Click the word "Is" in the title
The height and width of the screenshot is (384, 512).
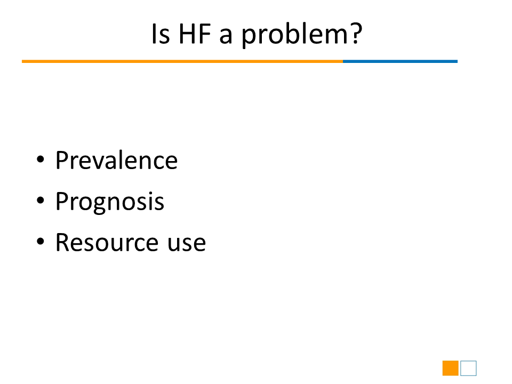pos(161,34)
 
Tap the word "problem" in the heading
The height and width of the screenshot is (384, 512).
pos(295,35)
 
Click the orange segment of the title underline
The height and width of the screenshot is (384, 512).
pos(182,61)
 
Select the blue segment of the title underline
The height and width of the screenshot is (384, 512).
pos(400,61)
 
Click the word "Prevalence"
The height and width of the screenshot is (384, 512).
pos(117,160)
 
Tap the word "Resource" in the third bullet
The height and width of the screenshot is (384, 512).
pos(107,242)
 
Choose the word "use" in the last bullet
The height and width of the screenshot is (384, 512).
pos(187,244)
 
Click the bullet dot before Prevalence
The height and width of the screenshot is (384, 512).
pos(41,159)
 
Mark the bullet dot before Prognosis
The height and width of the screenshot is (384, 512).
pos(41,200)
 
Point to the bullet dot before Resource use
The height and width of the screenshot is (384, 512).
pos(41,241)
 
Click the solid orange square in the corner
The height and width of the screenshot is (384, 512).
pos(451,369)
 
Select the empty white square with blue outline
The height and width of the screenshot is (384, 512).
pos(469,361)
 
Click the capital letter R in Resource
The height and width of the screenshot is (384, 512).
pos(62,242)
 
